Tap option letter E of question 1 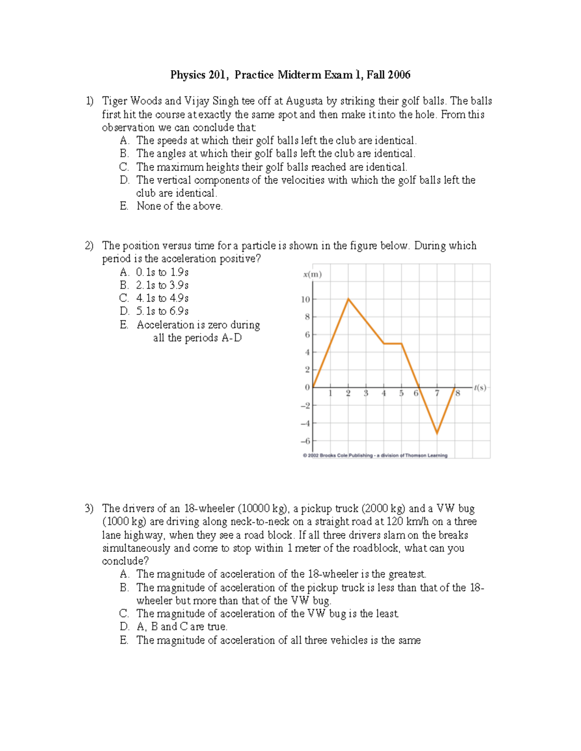point(124,206)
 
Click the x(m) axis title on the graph point(312,274)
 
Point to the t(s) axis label point(480,387)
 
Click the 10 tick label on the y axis point(305,299)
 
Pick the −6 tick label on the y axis point(305,441)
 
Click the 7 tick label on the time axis point(437,394)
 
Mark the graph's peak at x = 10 point(349,299)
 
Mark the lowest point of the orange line point(437,433)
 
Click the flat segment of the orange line point(393,343)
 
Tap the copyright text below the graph point(375,456)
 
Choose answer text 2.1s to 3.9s point(162,285)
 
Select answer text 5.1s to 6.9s point(162,311)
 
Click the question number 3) point(89,508)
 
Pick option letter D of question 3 point(124,627)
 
